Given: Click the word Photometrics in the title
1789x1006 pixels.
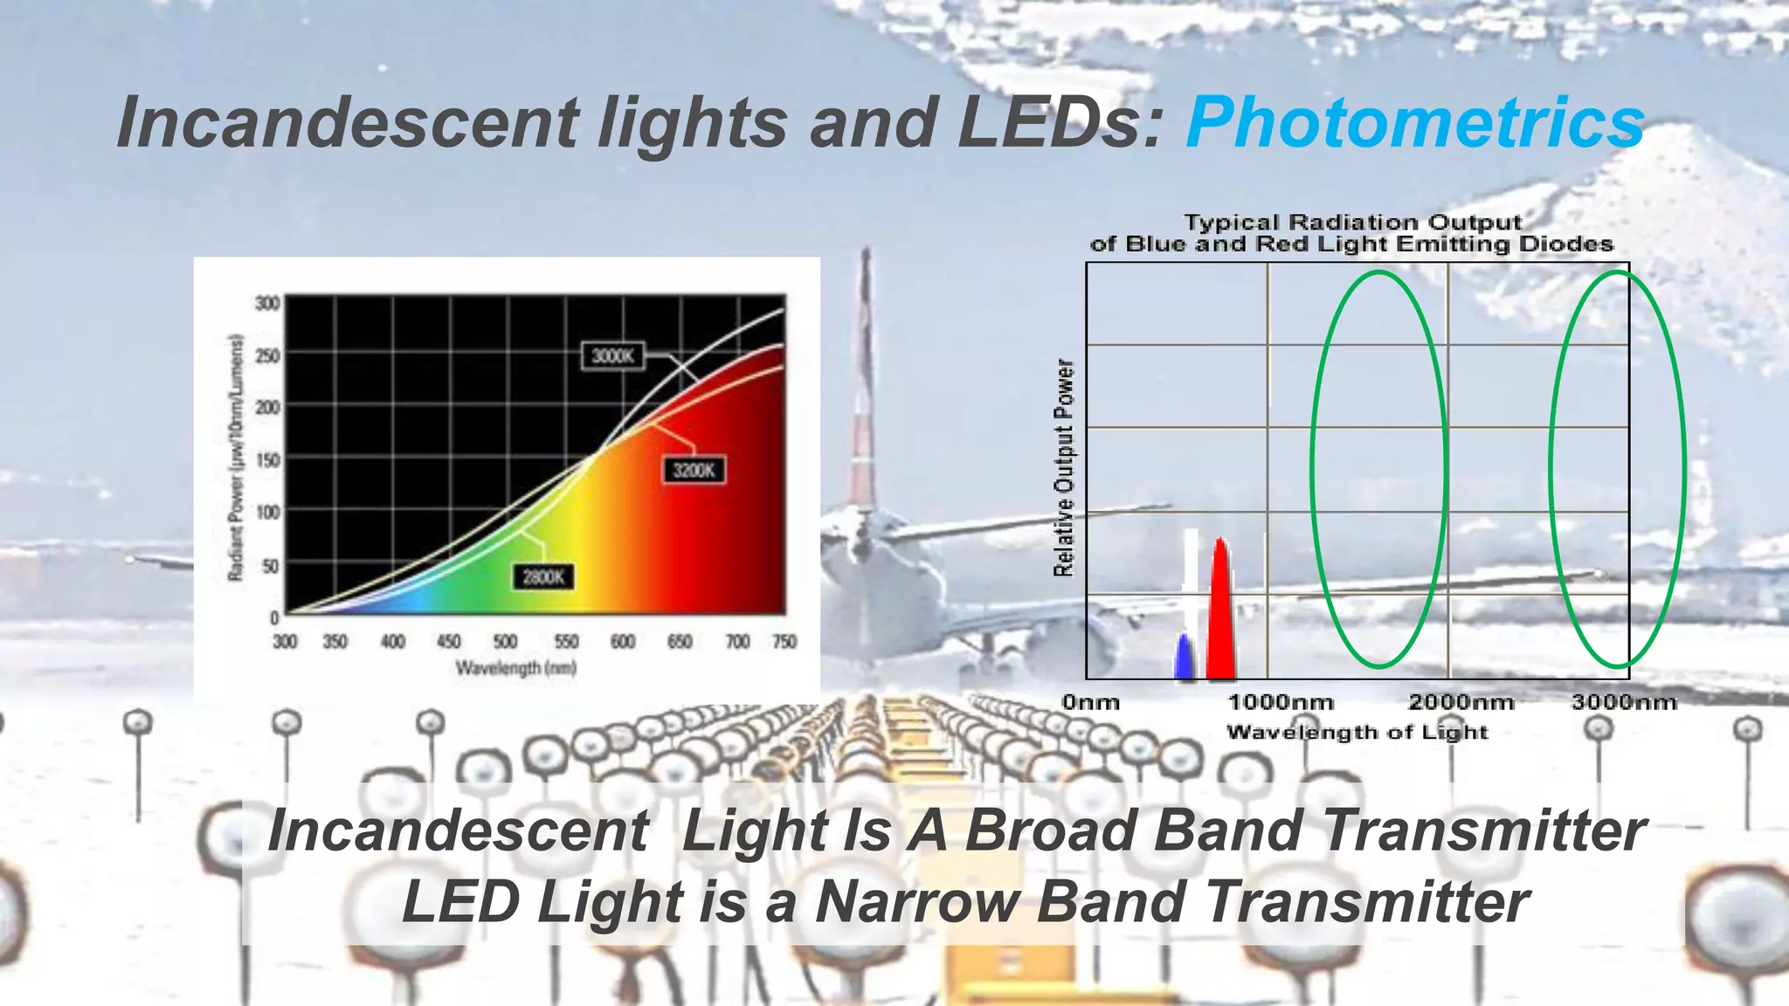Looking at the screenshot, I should click(x=1415, y=122).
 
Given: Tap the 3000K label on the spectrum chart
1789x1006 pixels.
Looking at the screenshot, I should click(x=612, y=355).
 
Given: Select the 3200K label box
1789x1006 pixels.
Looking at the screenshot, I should click(x=694, y=471).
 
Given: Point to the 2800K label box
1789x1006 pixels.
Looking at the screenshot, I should click(x=543, y=577).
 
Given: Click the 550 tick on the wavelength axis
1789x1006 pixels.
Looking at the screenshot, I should click(x=566, y=642).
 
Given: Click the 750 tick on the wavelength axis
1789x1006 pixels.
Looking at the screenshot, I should click(x=784, y=642).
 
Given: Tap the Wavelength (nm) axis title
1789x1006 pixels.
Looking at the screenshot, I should click(x=515, y=669).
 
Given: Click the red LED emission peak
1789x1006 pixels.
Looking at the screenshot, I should click(x=1220, y=611).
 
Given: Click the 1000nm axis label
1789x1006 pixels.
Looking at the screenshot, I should click(x=1281, y=702).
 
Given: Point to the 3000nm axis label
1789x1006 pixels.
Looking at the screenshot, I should click(x=1625, y=702).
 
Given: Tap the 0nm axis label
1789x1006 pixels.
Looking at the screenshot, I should click(x=1091, y=702).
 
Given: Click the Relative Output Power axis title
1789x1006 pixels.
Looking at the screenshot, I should click(x=1063, y=468).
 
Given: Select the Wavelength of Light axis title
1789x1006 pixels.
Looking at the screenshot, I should click(x=1357, y=732).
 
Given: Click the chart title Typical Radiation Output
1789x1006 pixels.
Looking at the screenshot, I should click(x=1352, y=223).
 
